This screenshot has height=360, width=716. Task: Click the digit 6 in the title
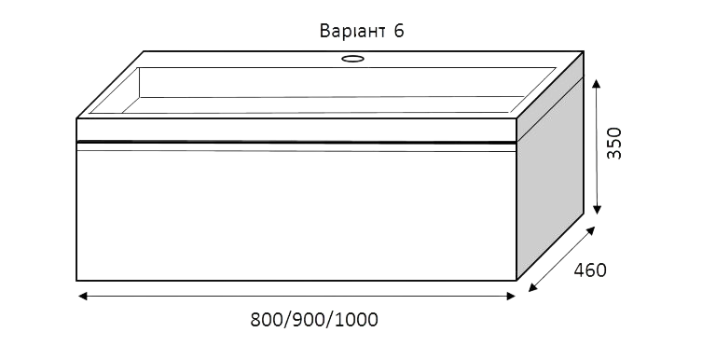[x=398, y=31]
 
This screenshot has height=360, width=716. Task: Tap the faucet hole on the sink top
[x=352, y=58]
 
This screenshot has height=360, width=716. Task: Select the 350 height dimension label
[x=614, y=143]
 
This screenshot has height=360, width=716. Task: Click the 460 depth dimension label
[x=590, y=270]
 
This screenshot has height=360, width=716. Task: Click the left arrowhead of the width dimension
[x=82, y=297]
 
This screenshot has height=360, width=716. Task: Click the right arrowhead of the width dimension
[x=511, y=297]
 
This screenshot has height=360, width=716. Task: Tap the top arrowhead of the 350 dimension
[x=596, y=83]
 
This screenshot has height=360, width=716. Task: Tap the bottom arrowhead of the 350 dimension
[x=597, y=210]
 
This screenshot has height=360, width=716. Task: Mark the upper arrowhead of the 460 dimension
[x=590, y=230]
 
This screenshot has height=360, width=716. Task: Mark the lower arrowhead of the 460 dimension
[x=533, y=287]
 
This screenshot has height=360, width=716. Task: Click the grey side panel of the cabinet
[x=550, y=178]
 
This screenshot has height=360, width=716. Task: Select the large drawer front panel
[x=296, y=215]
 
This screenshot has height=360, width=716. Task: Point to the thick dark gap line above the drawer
[x=296, y=143]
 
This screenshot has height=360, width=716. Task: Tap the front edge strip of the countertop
[x=296, y=130]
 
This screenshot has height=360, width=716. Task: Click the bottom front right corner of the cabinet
[x=516, y=280]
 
